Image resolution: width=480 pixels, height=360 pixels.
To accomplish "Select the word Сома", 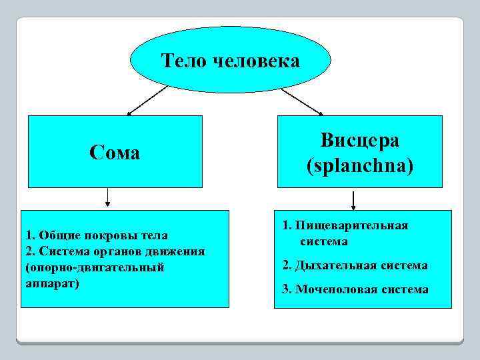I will pyautogui.click(x=115, y=153).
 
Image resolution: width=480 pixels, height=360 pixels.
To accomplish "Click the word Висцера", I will pyautogui.click(x=359, y=140).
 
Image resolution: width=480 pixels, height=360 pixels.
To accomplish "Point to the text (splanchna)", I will pyautogui.click(x=359, y=165).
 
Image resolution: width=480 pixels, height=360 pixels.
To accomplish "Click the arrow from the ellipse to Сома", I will pyautogui.click(x=147, y=100).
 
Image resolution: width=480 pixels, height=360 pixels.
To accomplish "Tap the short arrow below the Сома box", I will pyautogui.click(x=107, y=197).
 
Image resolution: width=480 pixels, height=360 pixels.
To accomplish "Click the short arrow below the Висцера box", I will pyautogui.click(x=353, y=199).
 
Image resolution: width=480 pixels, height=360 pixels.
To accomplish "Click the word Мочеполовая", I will pyautogui.click(x=335, y=289).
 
